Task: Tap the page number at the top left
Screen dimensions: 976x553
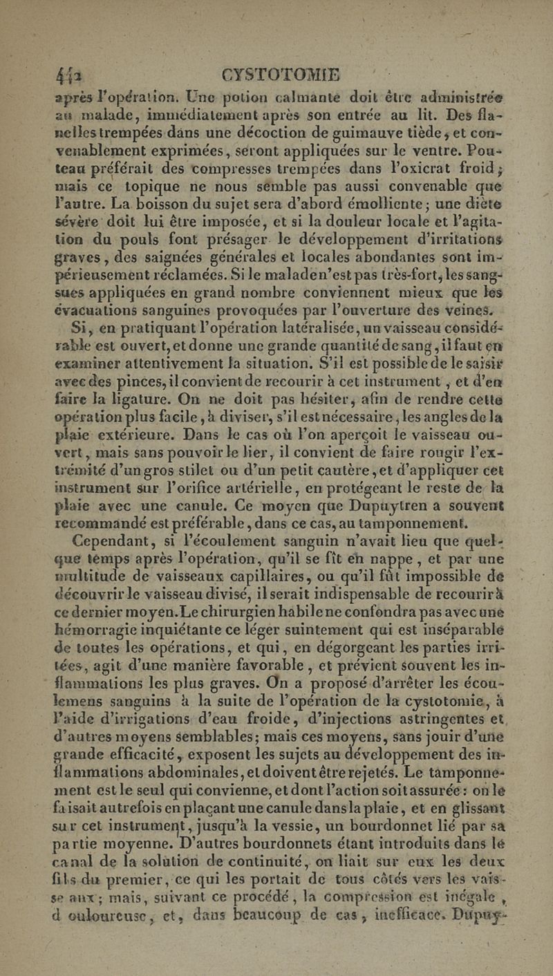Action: pos(68,74)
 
